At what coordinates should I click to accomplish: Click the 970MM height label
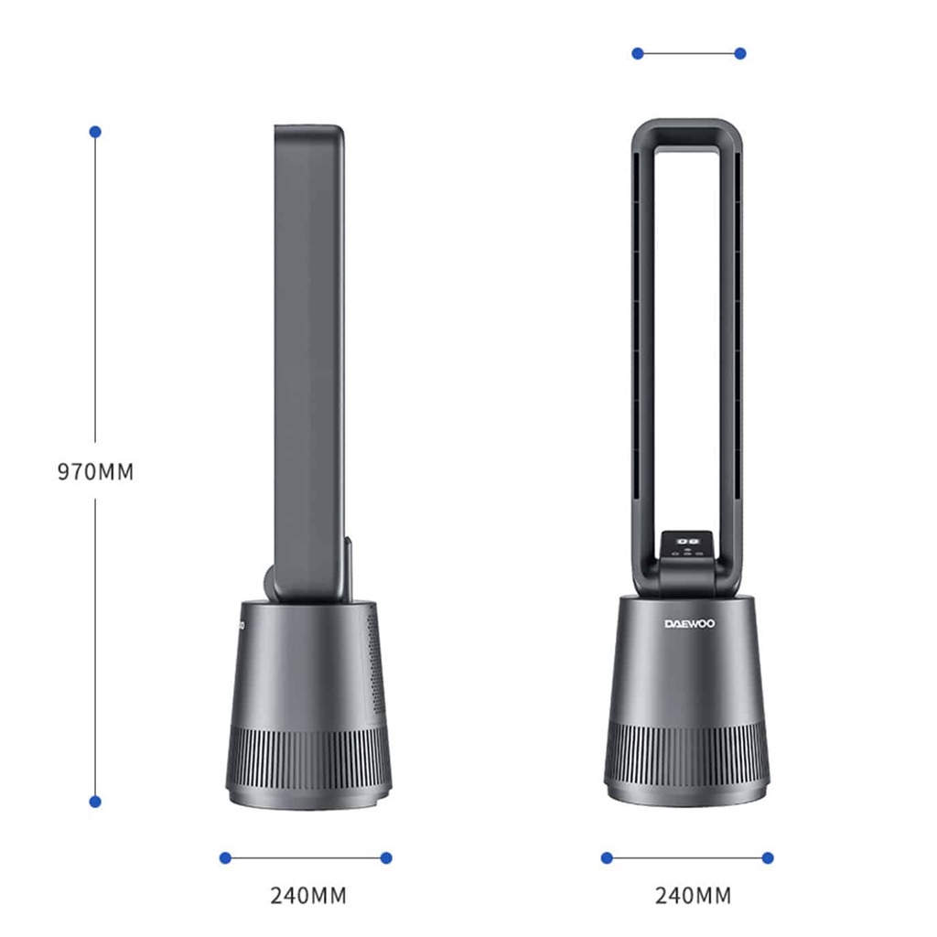(95, 471)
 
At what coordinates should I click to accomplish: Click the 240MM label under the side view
(308, 896)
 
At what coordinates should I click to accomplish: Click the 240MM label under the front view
(694, 896)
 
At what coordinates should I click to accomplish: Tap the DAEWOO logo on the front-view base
(690, 624)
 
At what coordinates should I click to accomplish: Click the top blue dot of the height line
(95, 132)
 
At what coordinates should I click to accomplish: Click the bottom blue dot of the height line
(95, 802)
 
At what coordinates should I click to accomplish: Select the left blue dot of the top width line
(638, 54)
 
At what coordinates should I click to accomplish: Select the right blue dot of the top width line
(740, 54)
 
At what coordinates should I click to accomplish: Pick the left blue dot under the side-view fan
(225, 858)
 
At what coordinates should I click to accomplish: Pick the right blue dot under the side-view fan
(386, 858)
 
